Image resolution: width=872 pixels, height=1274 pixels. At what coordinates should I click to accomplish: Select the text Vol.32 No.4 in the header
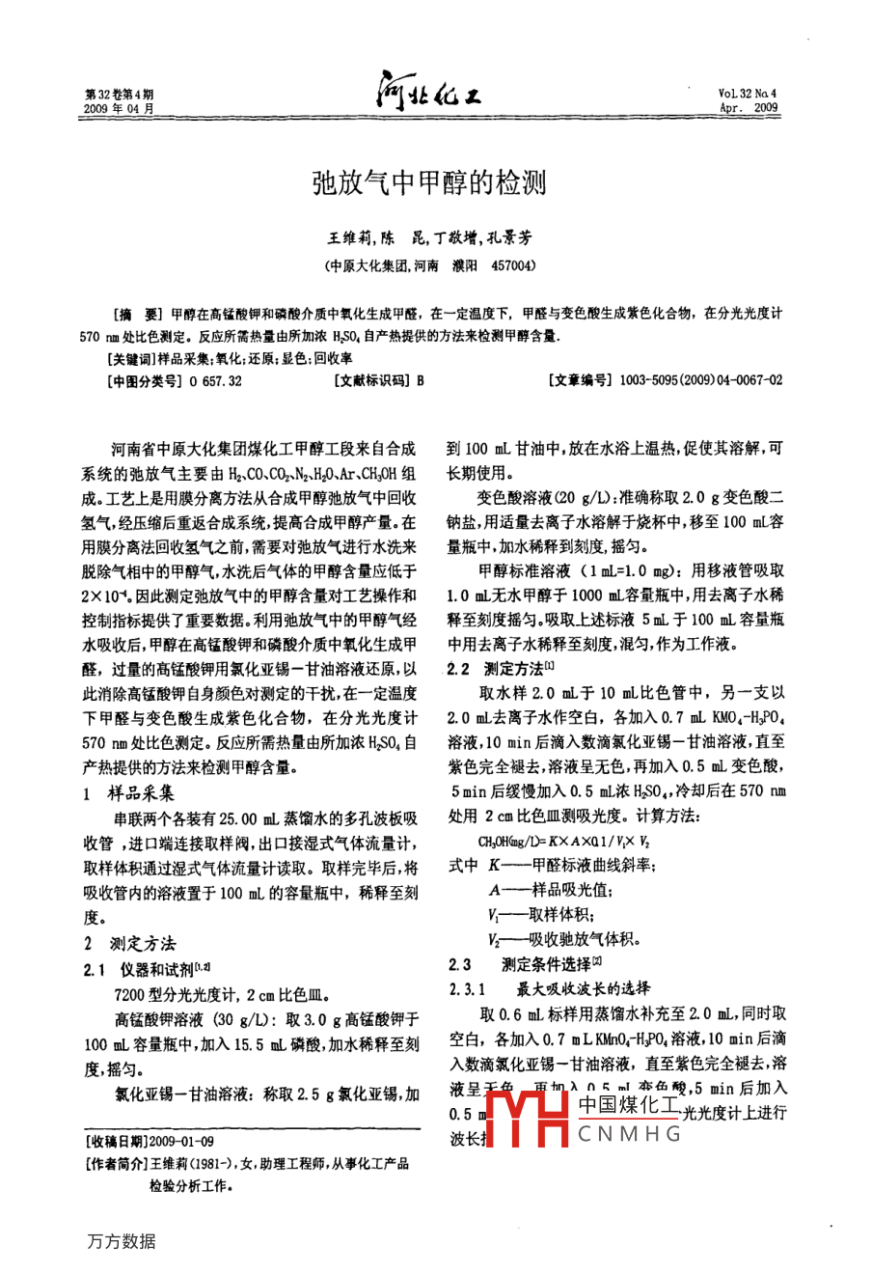tap(747, 94)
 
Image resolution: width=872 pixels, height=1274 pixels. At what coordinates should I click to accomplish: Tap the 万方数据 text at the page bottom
tap(121, 1242)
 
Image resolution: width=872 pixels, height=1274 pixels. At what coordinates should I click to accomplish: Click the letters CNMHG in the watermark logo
tap(631, 1133)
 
